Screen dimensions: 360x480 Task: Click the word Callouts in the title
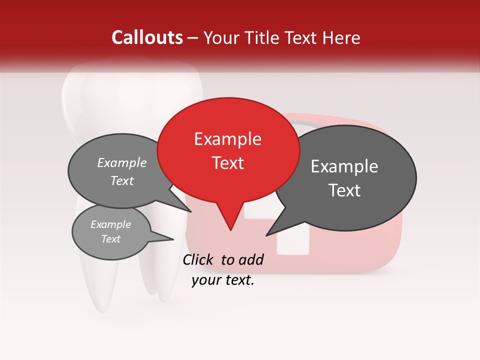pyautogui.click(x=147, y=37)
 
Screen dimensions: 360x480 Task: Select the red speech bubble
pyautogui.click(x=228, y=150)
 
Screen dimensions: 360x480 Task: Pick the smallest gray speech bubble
pyautogui.click(x=111, y=232)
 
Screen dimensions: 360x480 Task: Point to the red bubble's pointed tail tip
pyautogui.click(x=230, y=230)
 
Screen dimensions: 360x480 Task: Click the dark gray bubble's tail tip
pyautogui.click(x=266, y=235)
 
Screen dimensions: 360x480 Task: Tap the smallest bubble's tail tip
pyautogui.click(x=173, y=239)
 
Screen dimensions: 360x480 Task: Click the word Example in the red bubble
pyautogui.click(x=227, y=139)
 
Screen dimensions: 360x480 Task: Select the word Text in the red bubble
pyautogui.click(x=228, y=163)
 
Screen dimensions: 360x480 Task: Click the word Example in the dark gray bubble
pyautogui.click(x=344, y=166)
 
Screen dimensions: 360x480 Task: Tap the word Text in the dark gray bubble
pyautogui.click(x=345, y=190)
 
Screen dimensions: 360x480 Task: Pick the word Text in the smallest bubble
pyautogui.click(x=111, y=239)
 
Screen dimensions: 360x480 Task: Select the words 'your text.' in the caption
pyautogui.click(x=223, y=280)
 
